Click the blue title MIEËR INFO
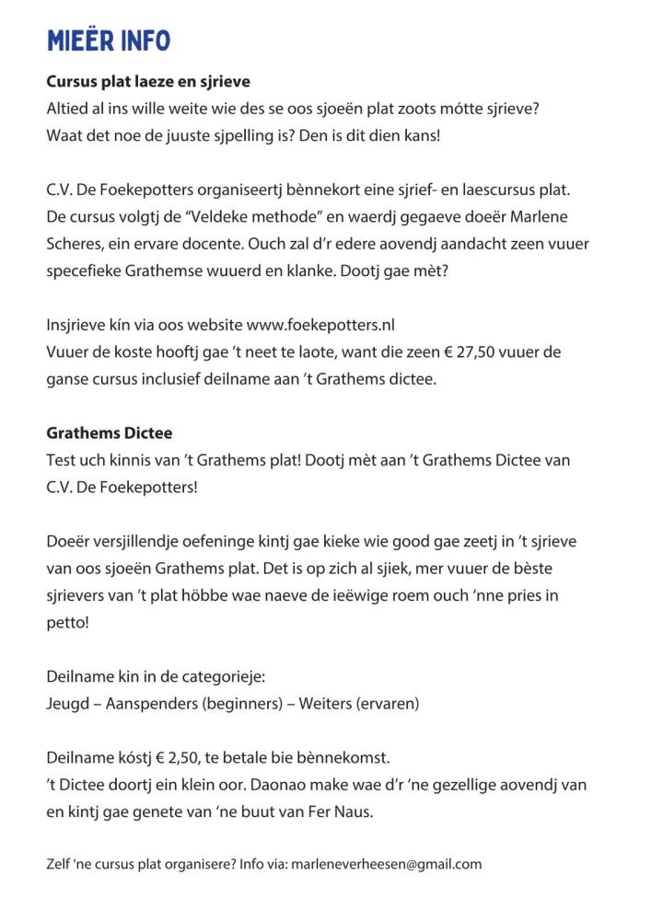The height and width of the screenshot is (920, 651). (x=108, y=40)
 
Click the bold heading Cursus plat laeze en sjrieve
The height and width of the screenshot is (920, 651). (x=148, y=82)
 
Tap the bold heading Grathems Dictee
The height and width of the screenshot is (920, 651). (x=110, y=432)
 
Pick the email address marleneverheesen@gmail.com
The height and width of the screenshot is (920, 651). (x=391, y=864)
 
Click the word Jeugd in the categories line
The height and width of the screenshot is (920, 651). (x=68, y=704)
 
